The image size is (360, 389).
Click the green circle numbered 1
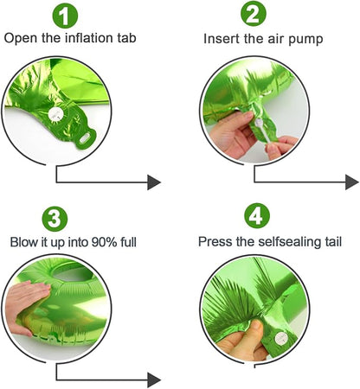65,16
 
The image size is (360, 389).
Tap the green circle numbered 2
254,14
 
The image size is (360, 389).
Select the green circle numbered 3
55,219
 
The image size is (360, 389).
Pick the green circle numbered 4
257,215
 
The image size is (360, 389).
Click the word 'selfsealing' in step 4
290,241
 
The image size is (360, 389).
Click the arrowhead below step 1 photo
154,182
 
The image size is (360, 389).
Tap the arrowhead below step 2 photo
352,182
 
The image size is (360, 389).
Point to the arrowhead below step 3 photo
154,380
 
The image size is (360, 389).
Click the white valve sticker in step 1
55,114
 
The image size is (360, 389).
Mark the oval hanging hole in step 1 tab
86,139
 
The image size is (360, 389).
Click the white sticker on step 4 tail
280,339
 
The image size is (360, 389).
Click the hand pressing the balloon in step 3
24,305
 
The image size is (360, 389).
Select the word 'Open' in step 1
21,39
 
